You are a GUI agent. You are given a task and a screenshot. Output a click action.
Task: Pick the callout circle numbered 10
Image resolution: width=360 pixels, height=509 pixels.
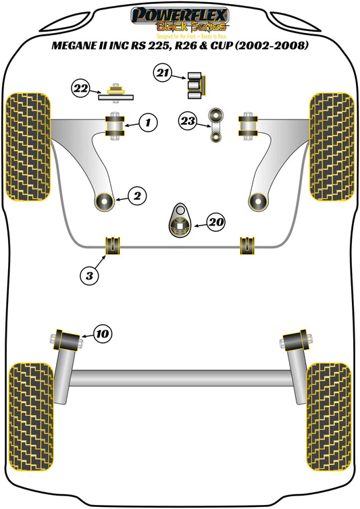103,333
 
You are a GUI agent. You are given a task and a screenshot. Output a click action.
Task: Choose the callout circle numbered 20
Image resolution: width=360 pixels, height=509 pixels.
216,221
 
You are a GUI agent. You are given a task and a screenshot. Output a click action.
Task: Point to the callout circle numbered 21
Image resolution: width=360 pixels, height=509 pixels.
162,74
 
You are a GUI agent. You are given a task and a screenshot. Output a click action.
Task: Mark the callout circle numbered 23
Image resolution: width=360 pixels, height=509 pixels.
188,121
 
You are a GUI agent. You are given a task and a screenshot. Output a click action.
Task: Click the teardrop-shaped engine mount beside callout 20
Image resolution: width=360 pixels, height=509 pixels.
180,223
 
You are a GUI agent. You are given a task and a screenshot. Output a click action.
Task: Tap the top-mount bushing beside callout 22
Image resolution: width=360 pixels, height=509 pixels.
113,92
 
